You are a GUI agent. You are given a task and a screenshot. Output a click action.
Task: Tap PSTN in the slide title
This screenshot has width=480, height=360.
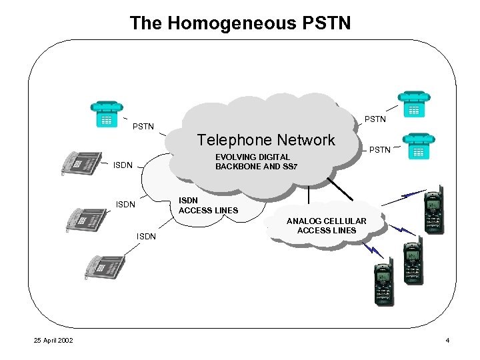[327, 23]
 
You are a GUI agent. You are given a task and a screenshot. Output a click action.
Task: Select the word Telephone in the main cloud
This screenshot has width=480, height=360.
[228, 140]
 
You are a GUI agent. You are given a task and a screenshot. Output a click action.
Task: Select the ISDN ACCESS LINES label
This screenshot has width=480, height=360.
[208, 205]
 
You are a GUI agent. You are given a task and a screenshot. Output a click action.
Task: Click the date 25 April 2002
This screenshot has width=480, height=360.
[54, 341]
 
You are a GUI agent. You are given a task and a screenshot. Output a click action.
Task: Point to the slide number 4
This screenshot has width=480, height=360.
[447, 341]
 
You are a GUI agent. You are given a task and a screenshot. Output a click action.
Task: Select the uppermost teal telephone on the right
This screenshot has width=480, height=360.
[413, 103]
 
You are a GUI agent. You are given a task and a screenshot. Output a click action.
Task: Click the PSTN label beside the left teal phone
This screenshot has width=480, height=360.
[143, 126]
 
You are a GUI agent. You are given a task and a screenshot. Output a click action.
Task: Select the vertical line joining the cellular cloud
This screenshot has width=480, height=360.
[309, 195]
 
